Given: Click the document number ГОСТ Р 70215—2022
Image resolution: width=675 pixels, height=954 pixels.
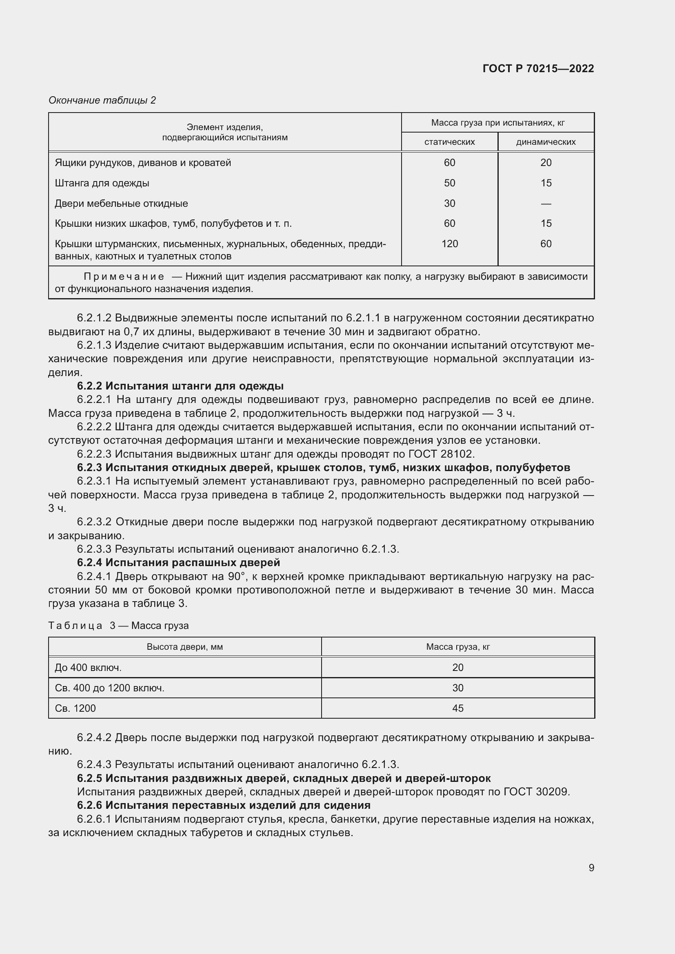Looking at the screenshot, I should click(x=538, y=69).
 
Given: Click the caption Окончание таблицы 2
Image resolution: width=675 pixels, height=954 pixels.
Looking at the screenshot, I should click(x=102, y=100).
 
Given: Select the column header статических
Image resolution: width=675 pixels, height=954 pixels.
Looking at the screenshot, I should click(x=449, y=142).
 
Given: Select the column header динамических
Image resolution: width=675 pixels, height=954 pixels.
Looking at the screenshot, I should click(x=545, y=142).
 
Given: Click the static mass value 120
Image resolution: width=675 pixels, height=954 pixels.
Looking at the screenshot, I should click(x=449, y=244).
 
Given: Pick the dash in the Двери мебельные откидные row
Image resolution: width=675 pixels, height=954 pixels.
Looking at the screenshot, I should click(x=546, y=204).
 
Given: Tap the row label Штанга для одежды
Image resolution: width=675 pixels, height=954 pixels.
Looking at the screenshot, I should click(x=102, y=183).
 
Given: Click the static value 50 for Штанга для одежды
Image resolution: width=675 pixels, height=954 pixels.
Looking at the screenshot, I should click(x=449, y=183).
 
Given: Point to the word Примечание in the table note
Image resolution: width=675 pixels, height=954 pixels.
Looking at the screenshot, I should click(x=124, y=277).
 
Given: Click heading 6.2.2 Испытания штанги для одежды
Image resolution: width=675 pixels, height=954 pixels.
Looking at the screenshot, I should click(x=180, y=386).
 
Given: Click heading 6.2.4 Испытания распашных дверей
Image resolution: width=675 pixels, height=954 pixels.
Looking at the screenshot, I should click(x=178, y=562).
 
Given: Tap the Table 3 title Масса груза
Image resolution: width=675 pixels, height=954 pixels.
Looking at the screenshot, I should click(x=160, y=626).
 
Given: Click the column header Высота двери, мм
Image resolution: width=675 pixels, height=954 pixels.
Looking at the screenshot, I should click(x=184, y=647).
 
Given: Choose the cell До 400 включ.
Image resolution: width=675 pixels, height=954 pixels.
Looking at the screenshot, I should click(x=88, y=668).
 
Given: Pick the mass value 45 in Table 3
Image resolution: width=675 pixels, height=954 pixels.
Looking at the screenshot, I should click(x=457, y=708).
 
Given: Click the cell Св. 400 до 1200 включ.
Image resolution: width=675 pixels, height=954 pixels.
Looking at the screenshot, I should click(x=110, y=688).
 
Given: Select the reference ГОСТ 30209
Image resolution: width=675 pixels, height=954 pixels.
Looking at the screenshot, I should click(x=536, y=792).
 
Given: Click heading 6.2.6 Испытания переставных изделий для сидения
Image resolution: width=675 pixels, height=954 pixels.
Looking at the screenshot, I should click(x=224, y=805).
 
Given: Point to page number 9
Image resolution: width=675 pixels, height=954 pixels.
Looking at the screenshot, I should click(x=591, y=868).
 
